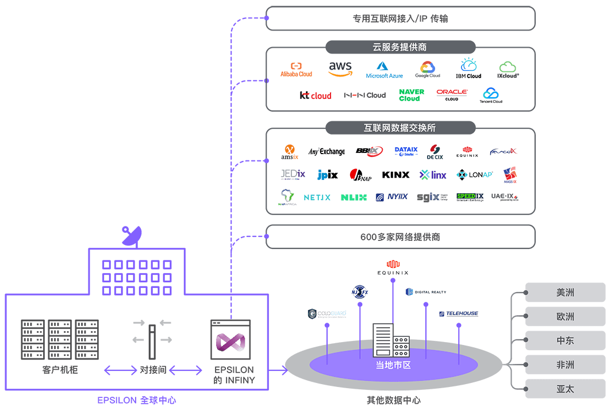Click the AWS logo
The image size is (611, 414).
tap(340, 69)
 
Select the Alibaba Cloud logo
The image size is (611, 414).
tap(296, 70)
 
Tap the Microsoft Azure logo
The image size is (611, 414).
tap(384, 70)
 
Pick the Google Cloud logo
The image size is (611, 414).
tap(428, 70)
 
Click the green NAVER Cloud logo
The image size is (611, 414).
tap(412, 95)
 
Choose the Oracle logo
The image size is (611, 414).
tap(452, 95)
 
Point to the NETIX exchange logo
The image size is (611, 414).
tap(317, 197)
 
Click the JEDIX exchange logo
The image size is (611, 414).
tap(293, 174)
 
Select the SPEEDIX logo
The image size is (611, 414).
tap(470, 197)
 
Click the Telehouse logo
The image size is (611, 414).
tap(458, 313)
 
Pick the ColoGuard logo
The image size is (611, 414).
tap(326, 313)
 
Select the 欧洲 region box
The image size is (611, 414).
tap(565, 316)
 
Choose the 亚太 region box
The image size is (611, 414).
tap(565, 389)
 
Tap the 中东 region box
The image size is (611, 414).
tap(565, 340)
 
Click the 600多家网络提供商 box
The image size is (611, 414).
tap(400, 237)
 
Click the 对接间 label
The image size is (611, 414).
tap(153, 370)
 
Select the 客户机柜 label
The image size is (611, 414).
tap(60, 370)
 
